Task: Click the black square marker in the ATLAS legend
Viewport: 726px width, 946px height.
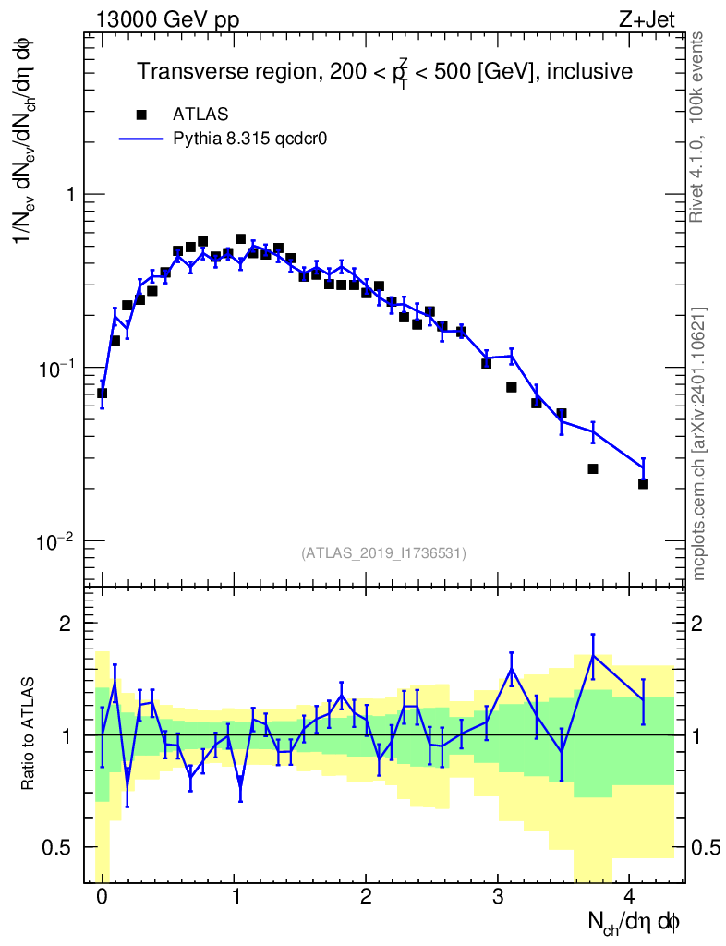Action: [x=141, y=115]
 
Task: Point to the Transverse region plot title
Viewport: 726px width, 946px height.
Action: [x=385, y=71]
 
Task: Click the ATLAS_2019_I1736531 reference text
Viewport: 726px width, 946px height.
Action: [x=383, y=553]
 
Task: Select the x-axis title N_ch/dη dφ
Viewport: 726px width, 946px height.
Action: [x=635, y=922]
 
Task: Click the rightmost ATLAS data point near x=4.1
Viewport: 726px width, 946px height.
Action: [x=643, y=484]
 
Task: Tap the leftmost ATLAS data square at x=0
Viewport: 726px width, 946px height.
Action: [x=102, y=393]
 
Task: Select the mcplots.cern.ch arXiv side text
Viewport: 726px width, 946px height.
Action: [x=699, y=443]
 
